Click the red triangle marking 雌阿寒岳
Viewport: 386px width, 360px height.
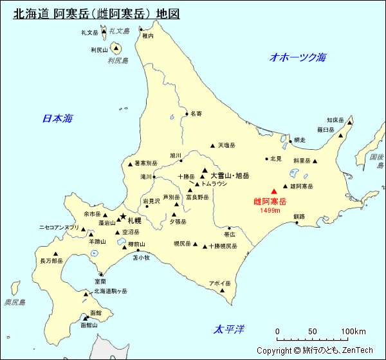[274, 191]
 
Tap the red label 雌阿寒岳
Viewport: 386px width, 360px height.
[270, 202]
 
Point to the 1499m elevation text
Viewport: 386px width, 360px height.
[271, 210]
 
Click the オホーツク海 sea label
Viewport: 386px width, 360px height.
[298, 57]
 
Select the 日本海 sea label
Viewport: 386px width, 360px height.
[57, 118]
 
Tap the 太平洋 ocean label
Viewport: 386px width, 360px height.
[230, 329]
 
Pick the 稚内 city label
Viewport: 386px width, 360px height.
[148, 37]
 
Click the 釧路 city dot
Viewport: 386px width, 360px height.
[297, 222]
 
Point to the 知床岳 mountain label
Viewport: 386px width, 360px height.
[335, 120]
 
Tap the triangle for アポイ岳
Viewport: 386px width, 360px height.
[223, 290]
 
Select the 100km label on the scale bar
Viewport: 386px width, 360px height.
[353, 332]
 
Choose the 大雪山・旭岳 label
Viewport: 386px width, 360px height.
[230, 175]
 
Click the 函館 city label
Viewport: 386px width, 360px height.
[96, 312]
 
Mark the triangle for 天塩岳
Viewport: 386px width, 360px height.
[212, 145]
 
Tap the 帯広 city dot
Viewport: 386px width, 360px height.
[229, 228]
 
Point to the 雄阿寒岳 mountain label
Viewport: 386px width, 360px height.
[301, 186]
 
